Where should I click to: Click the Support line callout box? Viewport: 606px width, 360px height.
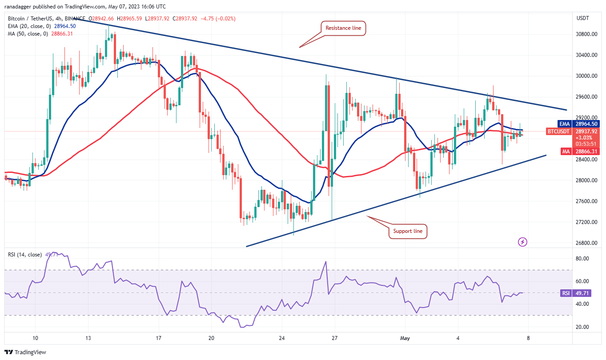[x=408, y=231]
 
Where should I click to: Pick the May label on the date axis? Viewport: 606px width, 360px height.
[x=404, y=337]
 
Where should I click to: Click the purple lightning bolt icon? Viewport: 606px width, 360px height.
[x=523, y=242]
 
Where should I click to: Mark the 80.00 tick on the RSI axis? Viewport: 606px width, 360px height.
[x=582, y=259]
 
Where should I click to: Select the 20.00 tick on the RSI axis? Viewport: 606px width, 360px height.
[x=582, y=327]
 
